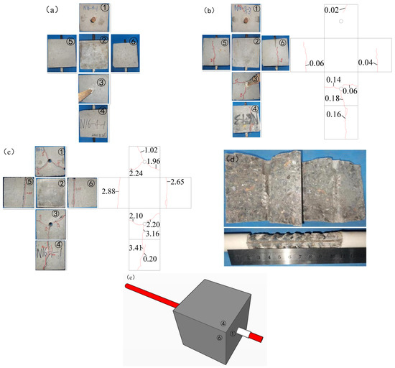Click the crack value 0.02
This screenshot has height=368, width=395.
click(331, 11)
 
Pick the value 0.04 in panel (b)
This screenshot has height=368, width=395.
click(365, 63)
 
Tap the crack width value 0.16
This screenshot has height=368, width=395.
click(333, 114)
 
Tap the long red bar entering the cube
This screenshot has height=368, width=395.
click(152, 297)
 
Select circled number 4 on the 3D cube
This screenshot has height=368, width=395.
click(223, 324)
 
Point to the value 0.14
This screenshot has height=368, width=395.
click(333, 80)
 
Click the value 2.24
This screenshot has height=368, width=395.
click(136, 173)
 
